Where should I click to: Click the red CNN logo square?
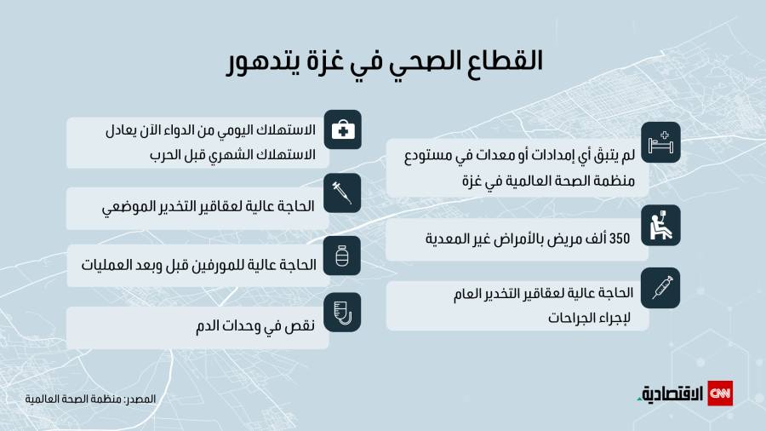[x=720, y=394]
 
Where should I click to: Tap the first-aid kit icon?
[x=343, y=130]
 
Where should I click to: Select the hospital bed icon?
[x=660, y=142]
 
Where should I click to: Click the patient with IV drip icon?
[x=660, y=225]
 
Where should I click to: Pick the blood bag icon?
[x=342, y=313]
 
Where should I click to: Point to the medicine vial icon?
[x=342, y=256]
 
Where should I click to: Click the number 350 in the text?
[x=620, y=238]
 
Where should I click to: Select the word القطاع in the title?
[x=504, y=60]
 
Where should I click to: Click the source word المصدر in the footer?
[x=140, y=399]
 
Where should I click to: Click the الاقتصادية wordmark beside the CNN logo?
[x=671, y=394]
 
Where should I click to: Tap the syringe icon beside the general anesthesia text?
[x=662, y=288]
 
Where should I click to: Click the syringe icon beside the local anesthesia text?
[x=342, y=193]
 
